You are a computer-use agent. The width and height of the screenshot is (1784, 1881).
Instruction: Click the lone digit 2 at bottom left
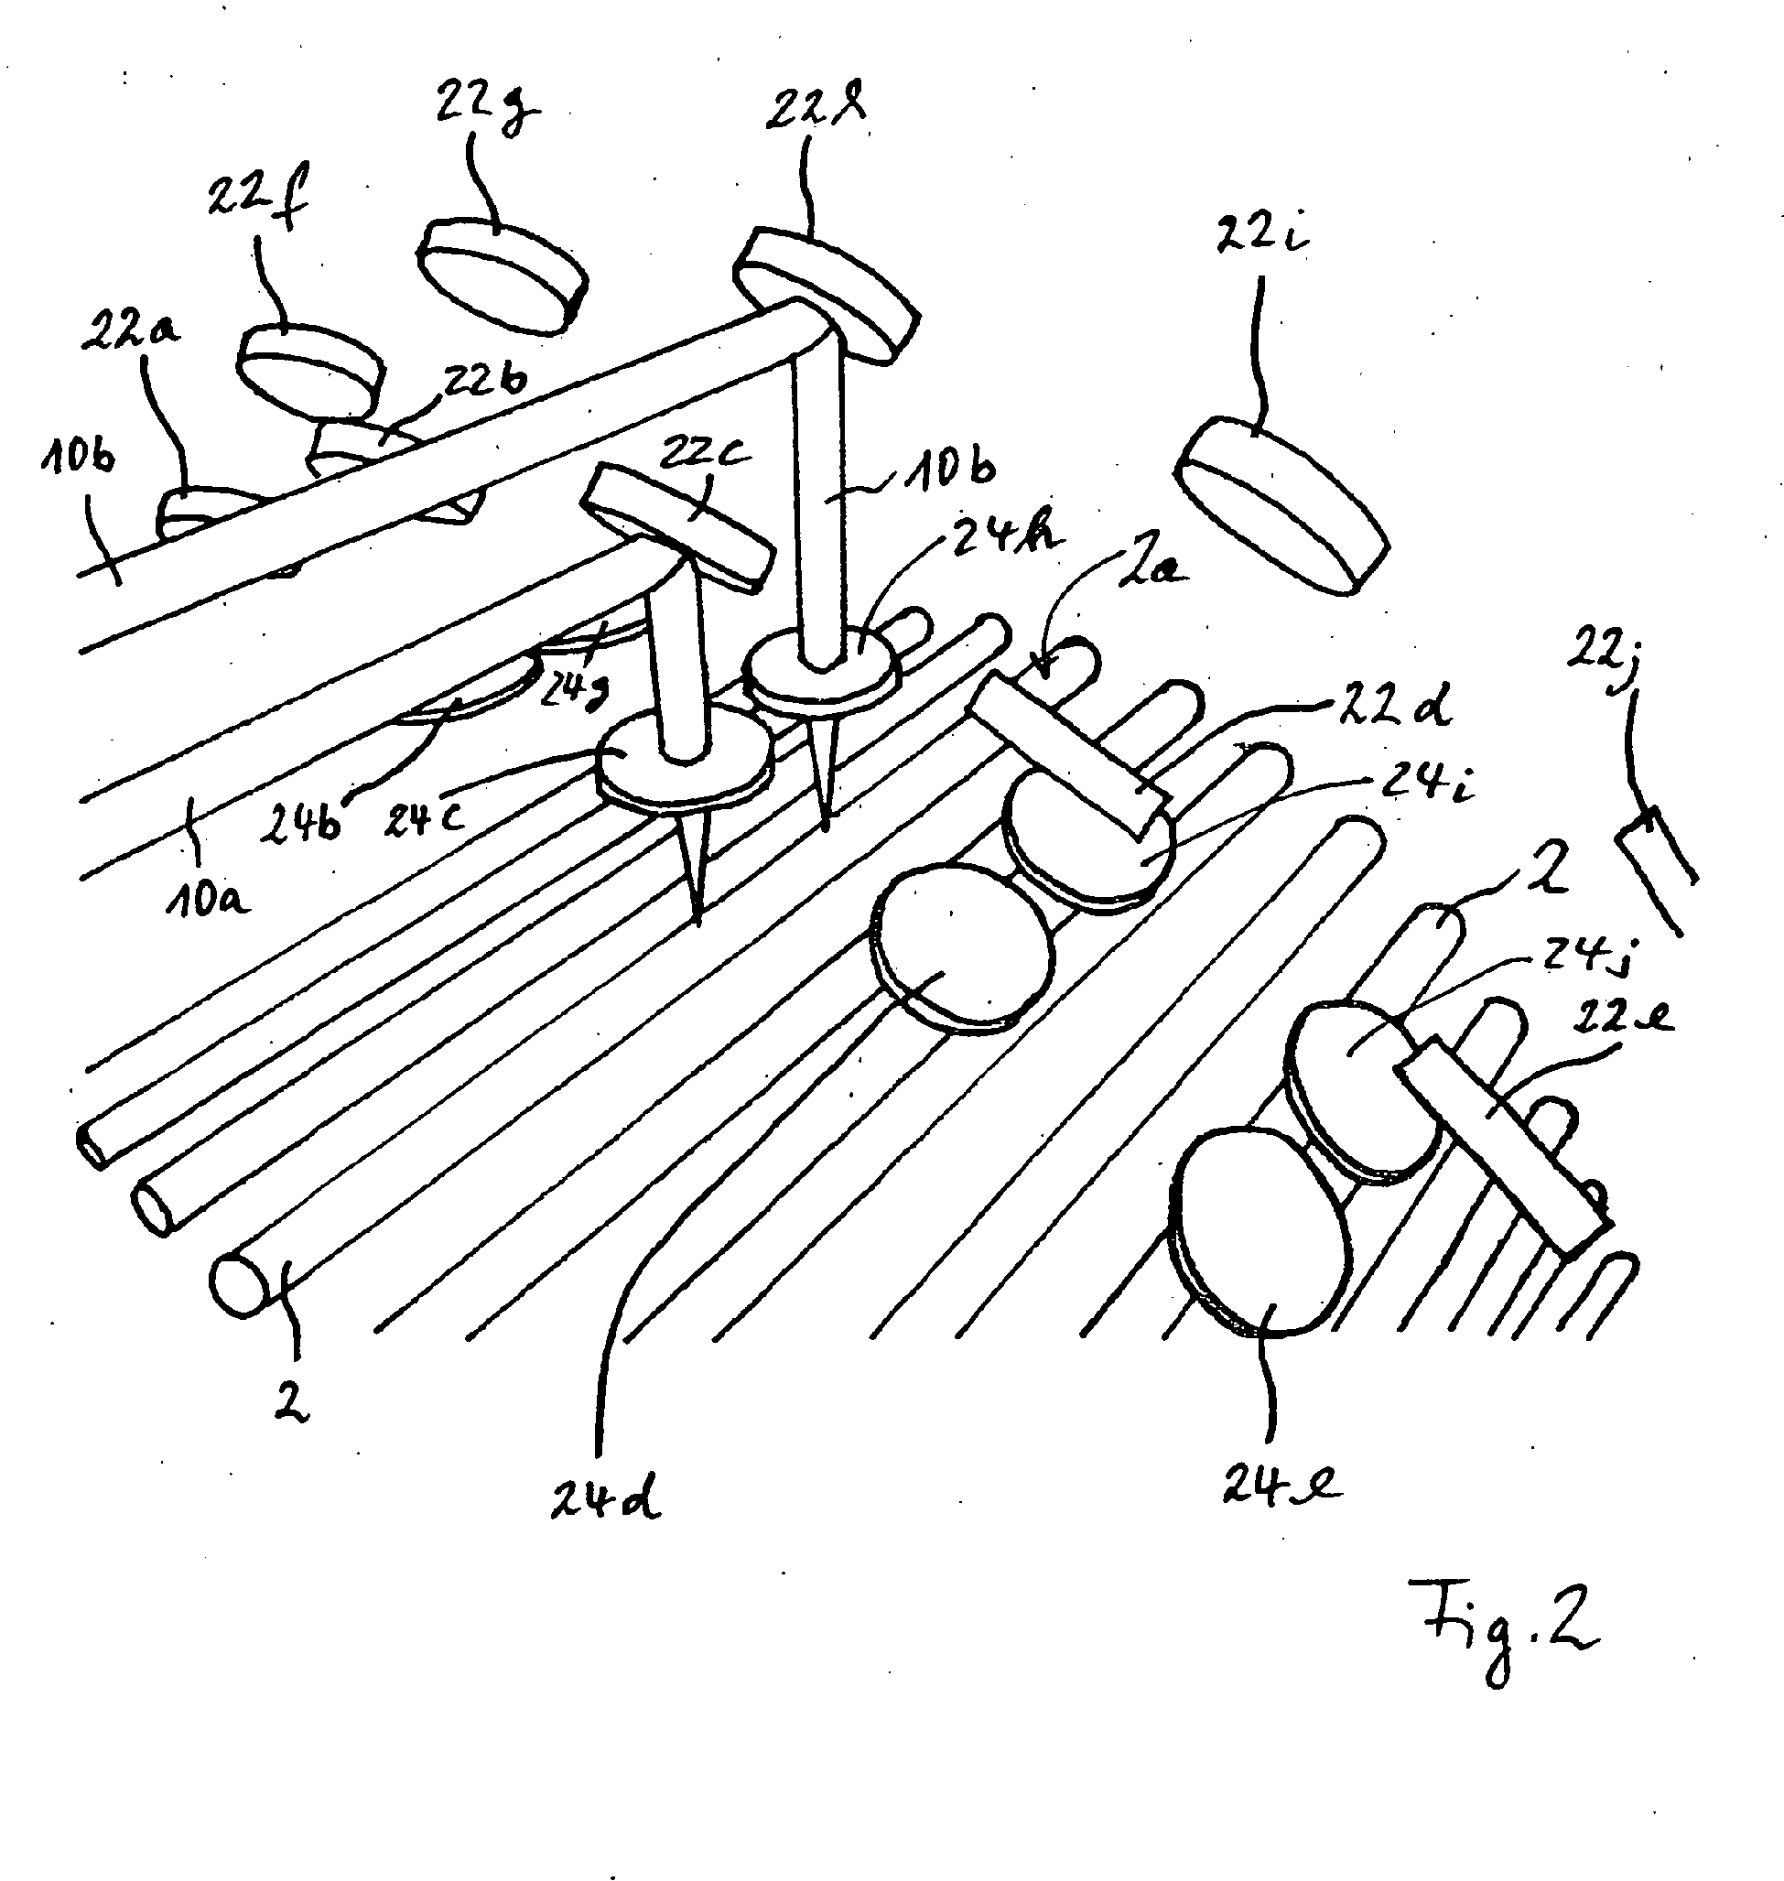(x=291, y=1402)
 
